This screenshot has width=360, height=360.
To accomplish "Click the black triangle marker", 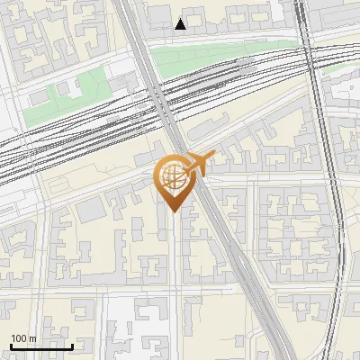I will coord(181,24).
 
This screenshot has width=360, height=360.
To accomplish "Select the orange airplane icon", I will coord(198,163).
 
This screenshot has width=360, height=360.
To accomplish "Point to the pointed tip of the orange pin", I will coord(172,211).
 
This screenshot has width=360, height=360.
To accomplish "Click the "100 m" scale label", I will coord(23,338).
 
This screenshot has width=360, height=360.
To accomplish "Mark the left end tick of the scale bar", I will coord(11,346).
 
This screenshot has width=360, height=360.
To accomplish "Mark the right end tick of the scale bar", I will coord(72,346).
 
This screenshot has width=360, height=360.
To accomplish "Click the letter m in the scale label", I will coord(32,338).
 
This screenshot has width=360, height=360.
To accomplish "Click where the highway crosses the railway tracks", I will coord(162,99).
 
